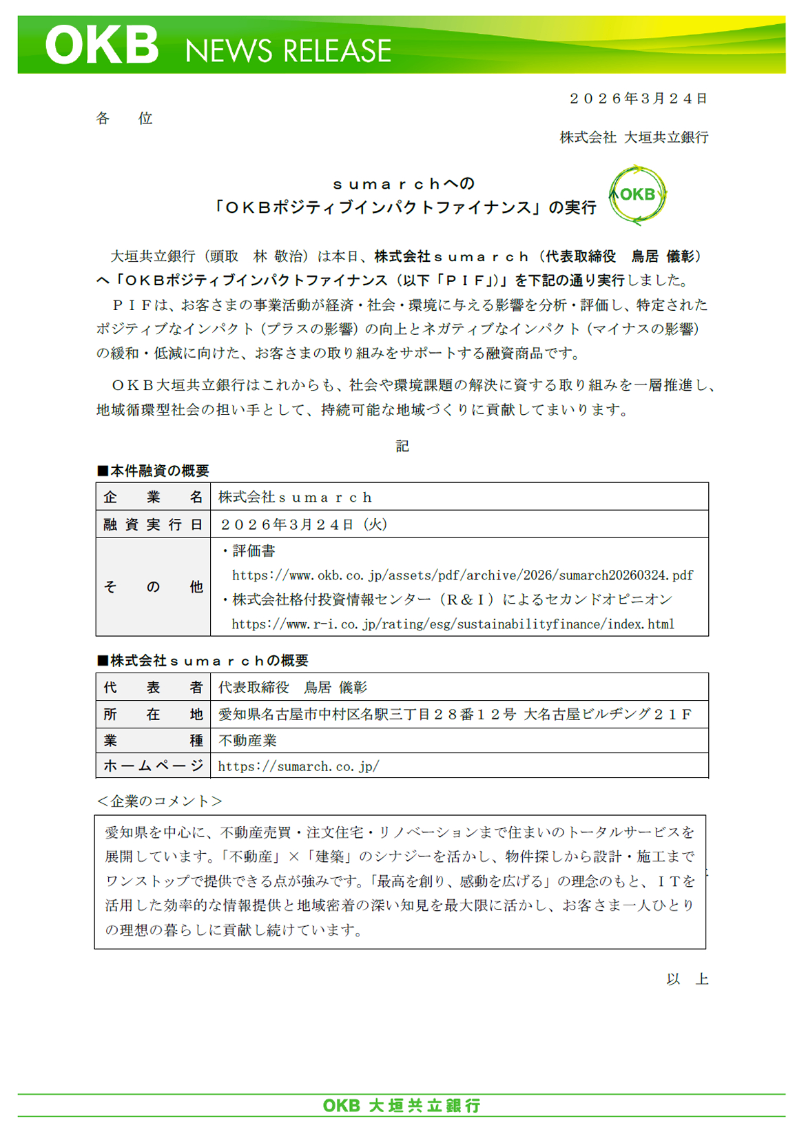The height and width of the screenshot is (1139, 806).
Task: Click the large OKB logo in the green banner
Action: pos(102,45)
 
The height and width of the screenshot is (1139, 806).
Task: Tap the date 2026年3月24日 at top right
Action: pos(639,99)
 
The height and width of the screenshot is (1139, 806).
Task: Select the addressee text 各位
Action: pos(124,119)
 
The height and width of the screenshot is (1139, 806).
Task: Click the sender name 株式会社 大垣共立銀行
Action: pos(634,137)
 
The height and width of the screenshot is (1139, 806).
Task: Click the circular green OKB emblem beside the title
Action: pos(637,195)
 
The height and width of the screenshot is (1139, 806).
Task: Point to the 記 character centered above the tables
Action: pos(402,446)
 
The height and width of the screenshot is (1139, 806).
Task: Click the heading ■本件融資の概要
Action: pos(153,471)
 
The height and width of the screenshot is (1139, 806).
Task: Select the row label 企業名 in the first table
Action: pos(153,497)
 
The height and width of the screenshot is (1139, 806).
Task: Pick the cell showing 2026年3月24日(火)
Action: pos(304,524)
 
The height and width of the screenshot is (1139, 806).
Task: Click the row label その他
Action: pos(153,587)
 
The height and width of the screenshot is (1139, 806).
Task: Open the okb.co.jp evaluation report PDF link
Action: pos(462,575)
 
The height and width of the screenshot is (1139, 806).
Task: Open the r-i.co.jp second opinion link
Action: pos(453,624)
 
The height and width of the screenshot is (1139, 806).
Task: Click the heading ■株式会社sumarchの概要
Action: pos(203,661)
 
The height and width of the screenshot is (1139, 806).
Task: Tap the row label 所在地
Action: pos(153,715)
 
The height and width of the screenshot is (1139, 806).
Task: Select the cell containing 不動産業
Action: pos(247,741)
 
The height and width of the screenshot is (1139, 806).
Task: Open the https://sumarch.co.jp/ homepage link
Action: pos(298,766)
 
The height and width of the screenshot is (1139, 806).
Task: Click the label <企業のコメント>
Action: pos(159,801)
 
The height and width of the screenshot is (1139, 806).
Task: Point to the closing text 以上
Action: pos(687,979)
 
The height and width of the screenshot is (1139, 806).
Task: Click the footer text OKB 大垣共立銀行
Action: pos(402,1106)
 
